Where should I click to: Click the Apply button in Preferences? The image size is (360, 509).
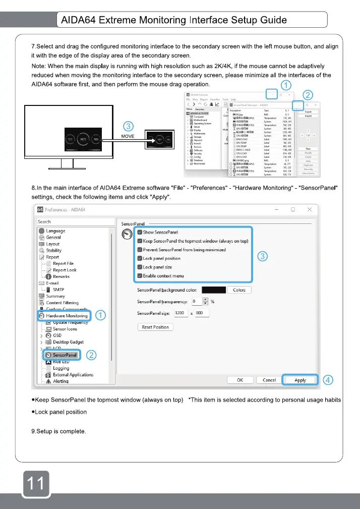point(301,380)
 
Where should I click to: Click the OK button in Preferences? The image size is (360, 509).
point(240,380)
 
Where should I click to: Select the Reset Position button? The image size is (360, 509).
point(155,327)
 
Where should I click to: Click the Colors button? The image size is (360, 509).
point(239,290)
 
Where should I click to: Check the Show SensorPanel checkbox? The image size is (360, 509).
point(140,232)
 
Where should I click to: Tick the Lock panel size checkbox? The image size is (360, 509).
point(140,267)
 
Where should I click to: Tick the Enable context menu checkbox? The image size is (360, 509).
point(140,276)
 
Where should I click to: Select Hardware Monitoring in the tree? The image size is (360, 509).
point(66,316)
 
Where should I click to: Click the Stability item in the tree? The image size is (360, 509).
point(53,250)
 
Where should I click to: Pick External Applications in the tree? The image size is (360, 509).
point(73,375)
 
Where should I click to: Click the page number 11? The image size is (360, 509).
point(35,483)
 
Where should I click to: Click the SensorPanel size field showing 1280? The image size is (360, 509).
point(181,313)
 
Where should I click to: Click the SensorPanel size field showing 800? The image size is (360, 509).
point(202,313)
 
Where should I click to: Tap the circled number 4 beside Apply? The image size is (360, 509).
point(328,380)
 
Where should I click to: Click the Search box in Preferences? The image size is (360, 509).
point(73,221)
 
